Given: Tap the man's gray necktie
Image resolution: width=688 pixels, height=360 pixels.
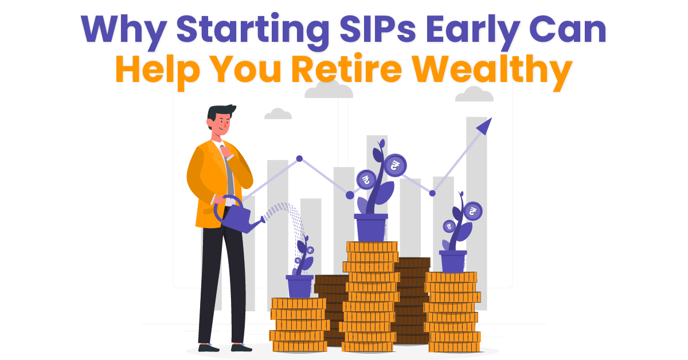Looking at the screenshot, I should point(229,172).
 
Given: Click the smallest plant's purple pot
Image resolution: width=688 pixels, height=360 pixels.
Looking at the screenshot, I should point(299,285).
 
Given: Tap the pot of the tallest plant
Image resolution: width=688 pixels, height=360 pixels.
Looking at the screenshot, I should point(371,227).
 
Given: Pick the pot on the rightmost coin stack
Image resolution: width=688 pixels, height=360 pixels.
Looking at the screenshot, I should point(453,261).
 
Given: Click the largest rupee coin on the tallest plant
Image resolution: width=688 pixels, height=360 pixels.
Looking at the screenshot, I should point(394,166).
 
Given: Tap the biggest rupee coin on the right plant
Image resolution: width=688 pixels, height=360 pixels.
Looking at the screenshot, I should point(472,212).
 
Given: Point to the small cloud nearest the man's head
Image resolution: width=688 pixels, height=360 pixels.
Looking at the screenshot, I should point(278,114).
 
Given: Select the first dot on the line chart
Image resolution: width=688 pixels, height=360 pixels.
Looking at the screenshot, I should point(299,158).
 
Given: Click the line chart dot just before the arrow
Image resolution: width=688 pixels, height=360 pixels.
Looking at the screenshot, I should point(432,193).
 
